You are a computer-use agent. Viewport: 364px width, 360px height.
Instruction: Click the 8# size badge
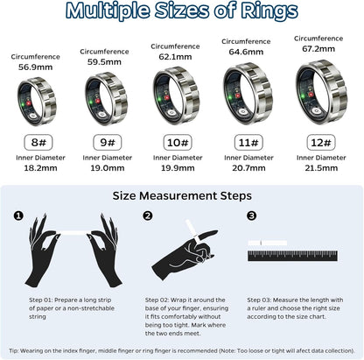(x=36, y=141)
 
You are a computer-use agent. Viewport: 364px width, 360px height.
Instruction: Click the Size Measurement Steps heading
(x=181, y=196)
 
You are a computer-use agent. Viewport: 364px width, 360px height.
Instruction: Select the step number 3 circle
(x=252, y=215)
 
